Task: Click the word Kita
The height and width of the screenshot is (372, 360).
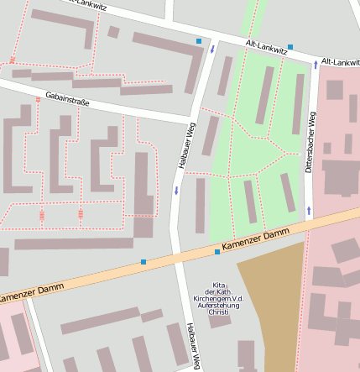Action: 218,285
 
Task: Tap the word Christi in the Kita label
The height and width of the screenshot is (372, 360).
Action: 218,312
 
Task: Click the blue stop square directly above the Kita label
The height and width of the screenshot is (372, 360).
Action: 217,252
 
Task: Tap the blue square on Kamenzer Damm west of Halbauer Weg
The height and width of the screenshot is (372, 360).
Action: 143,263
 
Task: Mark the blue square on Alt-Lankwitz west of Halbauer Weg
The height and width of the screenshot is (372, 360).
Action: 199,41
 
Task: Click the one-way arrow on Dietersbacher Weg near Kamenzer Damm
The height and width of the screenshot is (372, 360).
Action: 309,209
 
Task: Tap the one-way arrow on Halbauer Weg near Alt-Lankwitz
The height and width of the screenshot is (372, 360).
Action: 212,49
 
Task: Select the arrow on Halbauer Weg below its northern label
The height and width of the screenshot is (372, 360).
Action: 176,191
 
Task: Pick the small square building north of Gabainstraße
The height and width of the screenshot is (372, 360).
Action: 113,32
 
